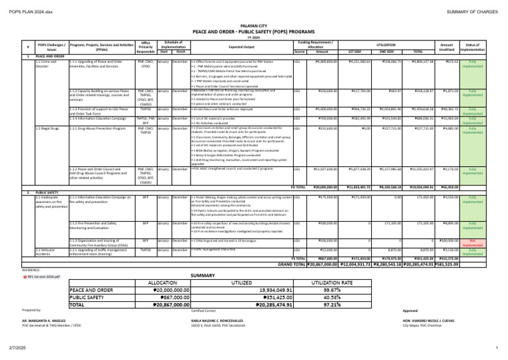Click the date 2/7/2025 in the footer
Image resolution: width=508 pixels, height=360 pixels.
click(x=18, y=347)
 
